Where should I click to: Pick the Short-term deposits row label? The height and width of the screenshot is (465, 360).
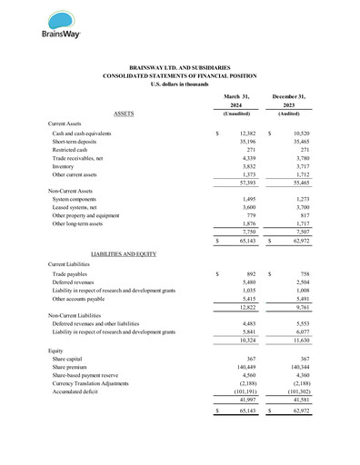click(78, 143)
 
